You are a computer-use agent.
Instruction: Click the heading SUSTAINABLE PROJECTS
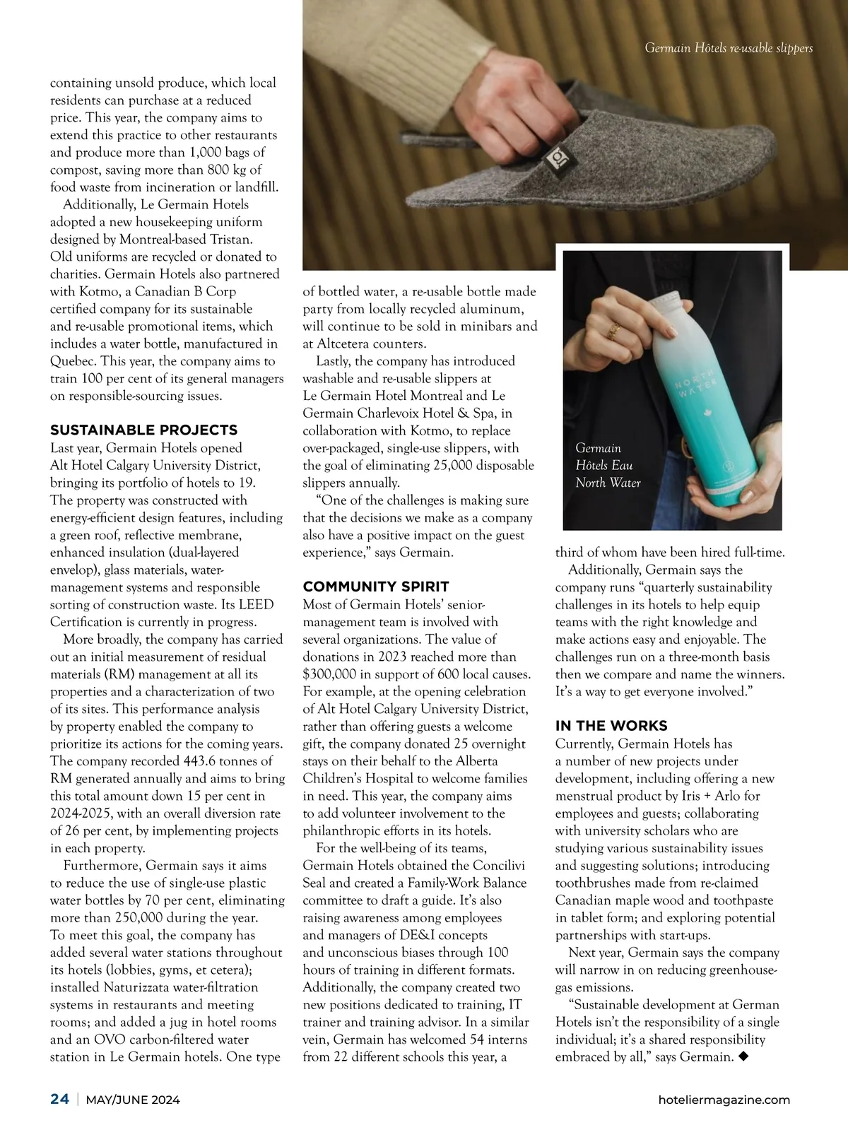point(143,430)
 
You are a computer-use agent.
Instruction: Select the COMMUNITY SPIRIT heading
point(375,587)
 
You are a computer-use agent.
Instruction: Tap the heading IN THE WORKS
point(611,726)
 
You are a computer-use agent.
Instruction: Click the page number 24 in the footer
point(59,1099)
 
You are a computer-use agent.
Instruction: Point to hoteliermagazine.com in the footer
point(724,1100)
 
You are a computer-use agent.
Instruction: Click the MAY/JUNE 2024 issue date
point(133,1100)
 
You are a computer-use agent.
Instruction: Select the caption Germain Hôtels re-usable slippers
point(729,48)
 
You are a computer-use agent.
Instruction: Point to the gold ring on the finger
point(615,328)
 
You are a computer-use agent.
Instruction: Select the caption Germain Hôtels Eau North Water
point(608,466)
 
